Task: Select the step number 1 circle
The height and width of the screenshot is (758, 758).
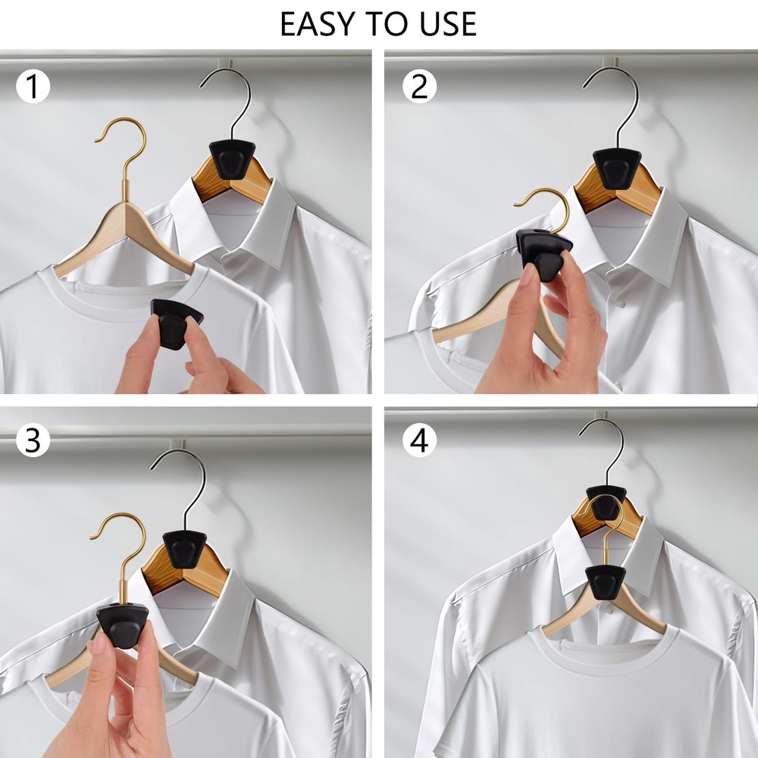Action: (32, 88)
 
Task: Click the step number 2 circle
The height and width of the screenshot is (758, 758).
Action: (419, 88)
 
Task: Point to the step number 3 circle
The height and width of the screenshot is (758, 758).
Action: (32, 441)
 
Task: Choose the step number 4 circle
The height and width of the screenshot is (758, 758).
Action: (419, 441)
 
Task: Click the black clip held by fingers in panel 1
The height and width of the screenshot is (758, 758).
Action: (176, 322)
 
